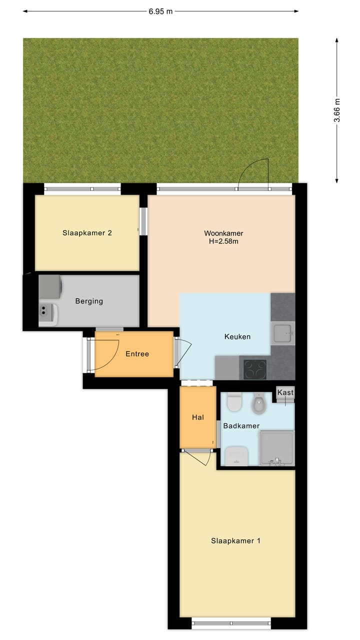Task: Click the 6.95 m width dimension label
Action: click(x=160, y=11)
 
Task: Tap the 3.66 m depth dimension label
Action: click(x=337, y=111)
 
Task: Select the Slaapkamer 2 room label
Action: click(x=87, y=232)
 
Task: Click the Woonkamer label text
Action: click(x=223, y=233)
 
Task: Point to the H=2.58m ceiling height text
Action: click(x=223, y=242)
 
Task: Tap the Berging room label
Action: click(x=89, y=301)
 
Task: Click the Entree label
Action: click(x=137, y=353)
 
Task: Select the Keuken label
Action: click(x=237, y=336)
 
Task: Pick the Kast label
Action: click(x=285, y=392)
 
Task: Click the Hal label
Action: click(x=197, y=417)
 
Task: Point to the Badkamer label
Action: click(x=241, y=426)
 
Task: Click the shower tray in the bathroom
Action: click(x=276, y=447)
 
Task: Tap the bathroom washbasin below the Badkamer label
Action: click(x=236, y=455)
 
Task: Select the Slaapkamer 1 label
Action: click(x=235, y=540)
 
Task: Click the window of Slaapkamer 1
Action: click(x=231, y=623)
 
